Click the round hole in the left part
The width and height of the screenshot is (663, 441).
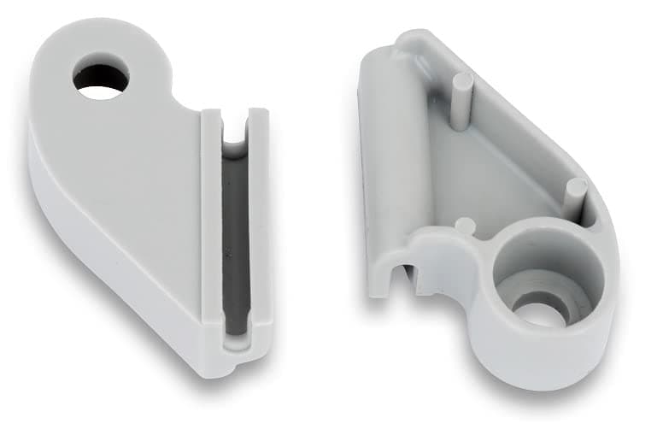click(101, 76)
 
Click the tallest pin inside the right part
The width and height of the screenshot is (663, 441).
click(461, 98)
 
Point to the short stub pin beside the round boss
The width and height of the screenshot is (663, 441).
click(466, 226)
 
